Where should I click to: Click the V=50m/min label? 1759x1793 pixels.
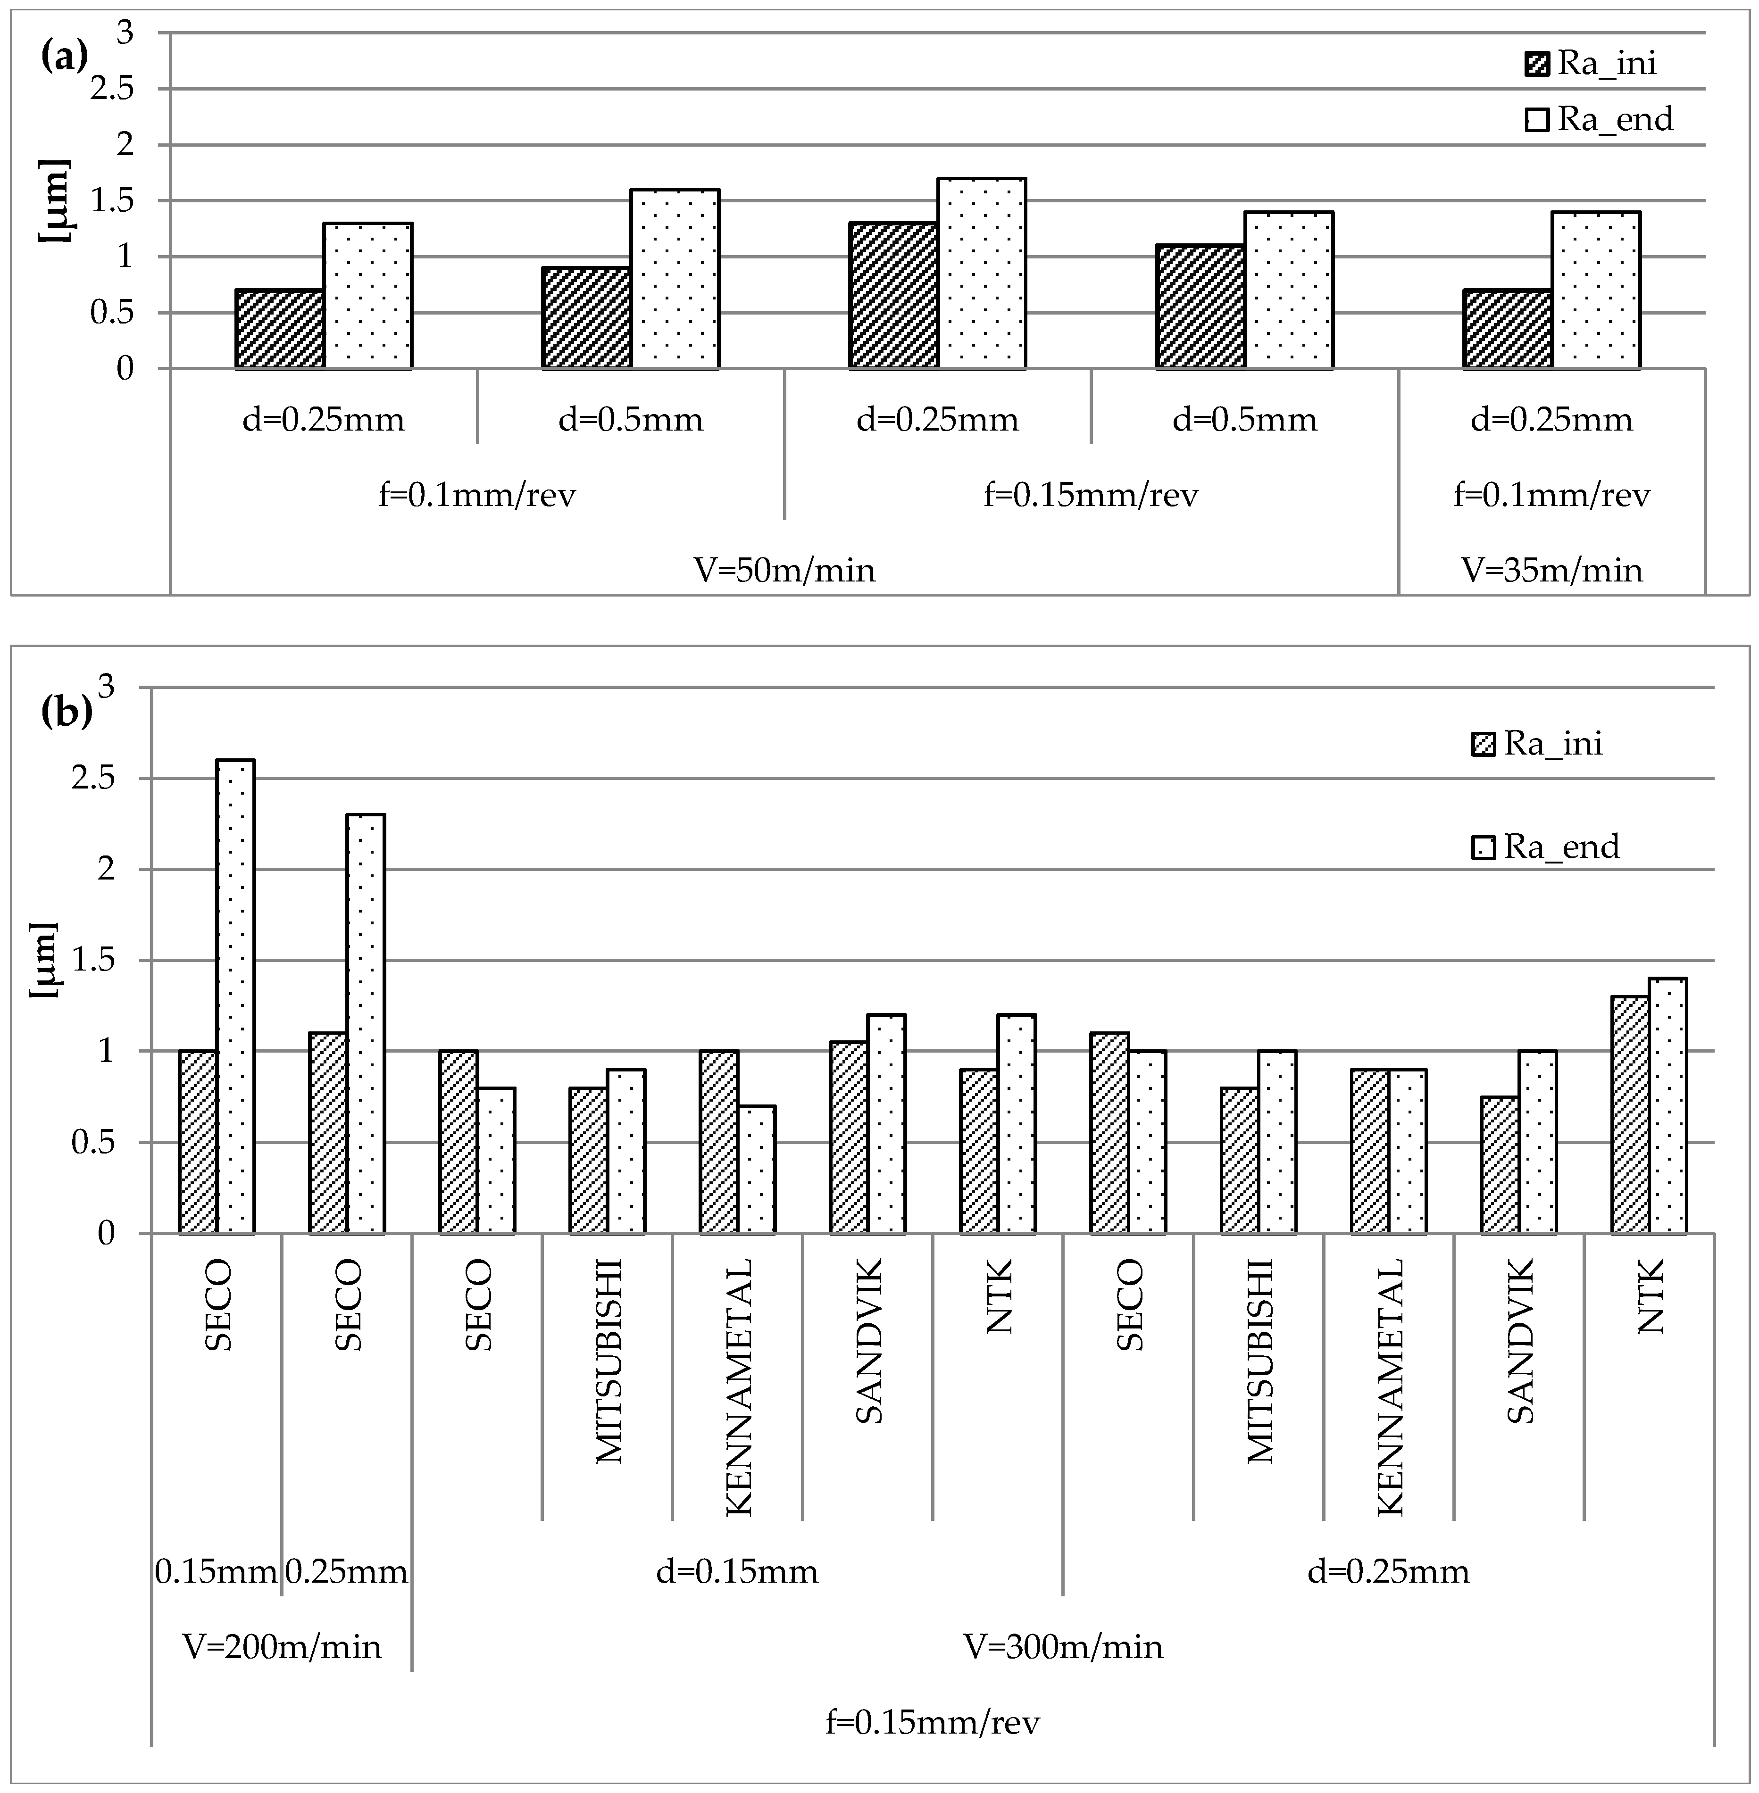point(784,570)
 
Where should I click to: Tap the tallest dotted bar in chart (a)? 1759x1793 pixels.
point(982,274)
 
